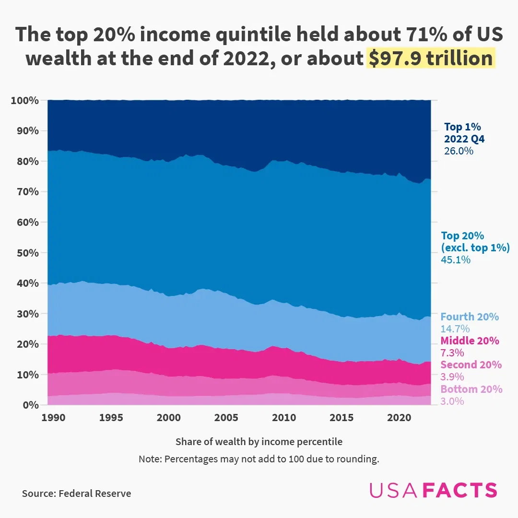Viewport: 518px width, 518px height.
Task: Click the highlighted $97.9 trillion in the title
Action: tap(430, 59)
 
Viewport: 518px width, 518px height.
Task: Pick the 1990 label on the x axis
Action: tap(53, 418)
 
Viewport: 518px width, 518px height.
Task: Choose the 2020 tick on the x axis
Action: tap(399, 418)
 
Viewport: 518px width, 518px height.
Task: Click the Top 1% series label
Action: tap(462, 127)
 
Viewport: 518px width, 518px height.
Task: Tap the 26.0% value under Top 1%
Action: tap(459, 151)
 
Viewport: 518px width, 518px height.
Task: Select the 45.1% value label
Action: tap(456, 260)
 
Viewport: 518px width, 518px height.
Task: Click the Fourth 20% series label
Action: tap(470, 317)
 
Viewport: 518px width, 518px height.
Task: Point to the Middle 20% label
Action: tap(470, 341)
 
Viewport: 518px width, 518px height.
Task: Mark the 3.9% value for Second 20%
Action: tap(452, 377)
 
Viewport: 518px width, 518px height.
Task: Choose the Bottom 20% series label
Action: tap(471, 389)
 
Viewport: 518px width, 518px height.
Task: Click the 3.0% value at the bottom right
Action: tap(452, 401)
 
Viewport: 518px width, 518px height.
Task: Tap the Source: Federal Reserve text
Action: tap(76, 494)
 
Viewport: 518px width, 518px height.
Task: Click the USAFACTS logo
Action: tap(433, 490)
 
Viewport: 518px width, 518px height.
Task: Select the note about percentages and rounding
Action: tap(259, 459)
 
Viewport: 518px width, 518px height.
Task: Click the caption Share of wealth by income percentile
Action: tap(259, 441)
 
